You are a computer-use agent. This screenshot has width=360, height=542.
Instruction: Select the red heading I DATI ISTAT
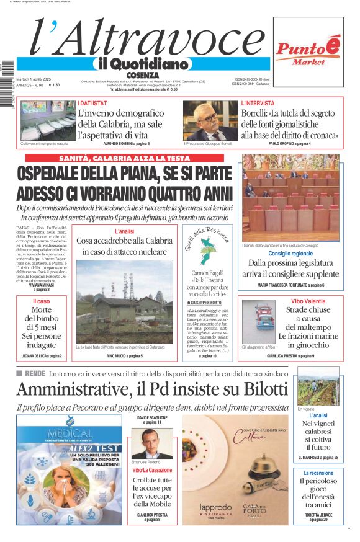click(x=92, y=103)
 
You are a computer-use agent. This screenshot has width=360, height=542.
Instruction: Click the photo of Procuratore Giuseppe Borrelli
click(x=210, y=120)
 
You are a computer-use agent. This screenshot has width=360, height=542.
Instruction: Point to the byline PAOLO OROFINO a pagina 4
click(x=289, y=144)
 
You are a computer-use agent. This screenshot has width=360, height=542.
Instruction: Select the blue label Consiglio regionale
click(x=290, y=254)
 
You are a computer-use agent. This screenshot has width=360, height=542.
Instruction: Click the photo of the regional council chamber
click(x=290, y=198)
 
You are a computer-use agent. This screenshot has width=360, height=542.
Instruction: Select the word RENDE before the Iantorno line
click(x=35, y=373)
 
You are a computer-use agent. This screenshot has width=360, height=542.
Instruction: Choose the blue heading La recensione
click(x=318, y=473)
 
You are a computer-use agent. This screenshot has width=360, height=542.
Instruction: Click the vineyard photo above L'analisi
click(x=318, y=386)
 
